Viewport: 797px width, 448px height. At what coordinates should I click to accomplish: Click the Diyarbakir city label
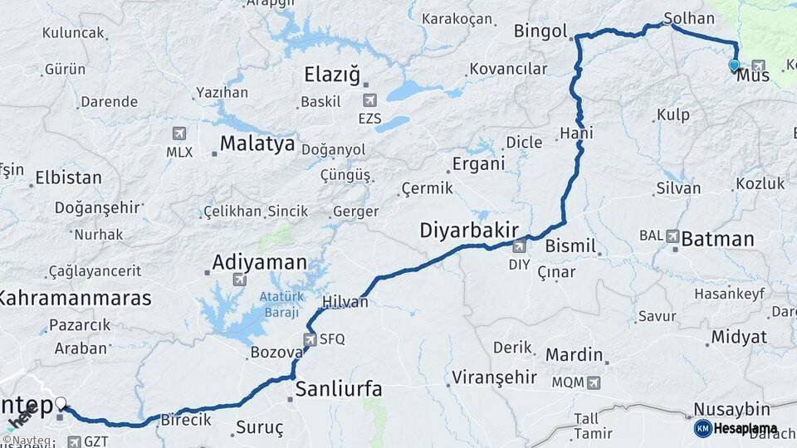click(x=469, y=230)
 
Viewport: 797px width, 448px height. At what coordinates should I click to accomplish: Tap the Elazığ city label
click(x=332, y=75)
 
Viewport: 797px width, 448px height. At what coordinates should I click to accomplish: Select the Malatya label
click(x=257, y=144)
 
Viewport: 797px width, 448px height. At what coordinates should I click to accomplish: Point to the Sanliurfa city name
click(x=339, y=388)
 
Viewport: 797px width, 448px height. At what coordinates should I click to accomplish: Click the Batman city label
click(x=717, y=240)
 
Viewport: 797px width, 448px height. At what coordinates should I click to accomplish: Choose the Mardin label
click(x=574, y=354)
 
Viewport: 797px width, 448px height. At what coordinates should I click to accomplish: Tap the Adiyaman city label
click(x=259, y=262)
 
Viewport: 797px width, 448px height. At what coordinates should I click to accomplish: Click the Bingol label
click(x=540, y=32)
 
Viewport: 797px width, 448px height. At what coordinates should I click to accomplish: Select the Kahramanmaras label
click(x=75, y=298)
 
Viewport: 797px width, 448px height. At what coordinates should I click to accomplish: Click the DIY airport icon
click(x=519, y=246)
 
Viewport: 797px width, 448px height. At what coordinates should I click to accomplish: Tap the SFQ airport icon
click(x=310, y=339)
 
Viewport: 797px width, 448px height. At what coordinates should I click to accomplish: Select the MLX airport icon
click(x=179, y=134)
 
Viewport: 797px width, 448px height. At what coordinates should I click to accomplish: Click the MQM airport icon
click(x=593, y=382)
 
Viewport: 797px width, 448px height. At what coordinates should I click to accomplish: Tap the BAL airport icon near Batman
click(x=672, y=236)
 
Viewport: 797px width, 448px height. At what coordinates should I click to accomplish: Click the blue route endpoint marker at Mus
click(x=734, y=65)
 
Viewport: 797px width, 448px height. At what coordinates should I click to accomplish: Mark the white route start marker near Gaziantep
click(x=61, y=404)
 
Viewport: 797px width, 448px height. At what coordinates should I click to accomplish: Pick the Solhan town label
click(x=689, y=18)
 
